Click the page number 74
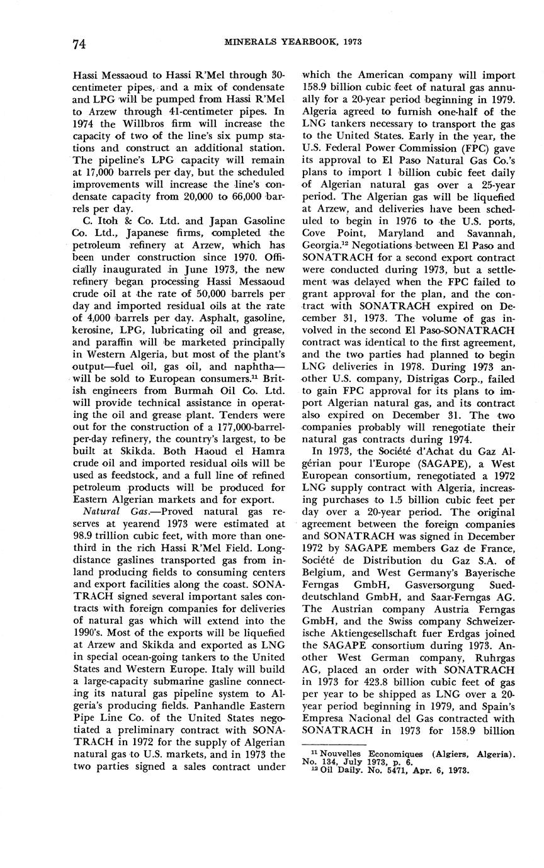[79, 43]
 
